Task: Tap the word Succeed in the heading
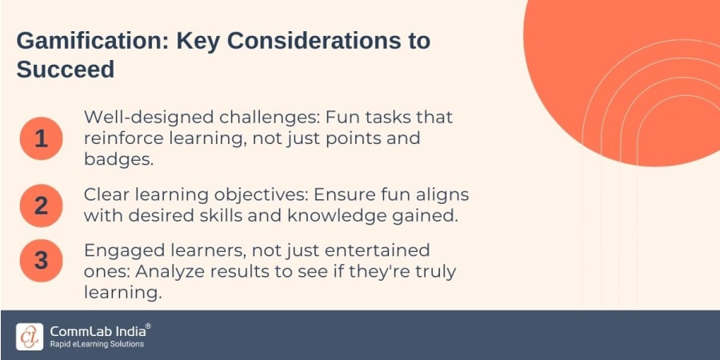(66, 69)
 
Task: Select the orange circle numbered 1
(42, 139)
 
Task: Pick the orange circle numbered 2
(42, 206)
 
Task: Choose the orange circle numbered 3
(42, 261)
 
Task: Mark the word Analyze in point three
(170, 271)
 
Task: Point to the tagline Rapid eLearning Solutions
(97, 345)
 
